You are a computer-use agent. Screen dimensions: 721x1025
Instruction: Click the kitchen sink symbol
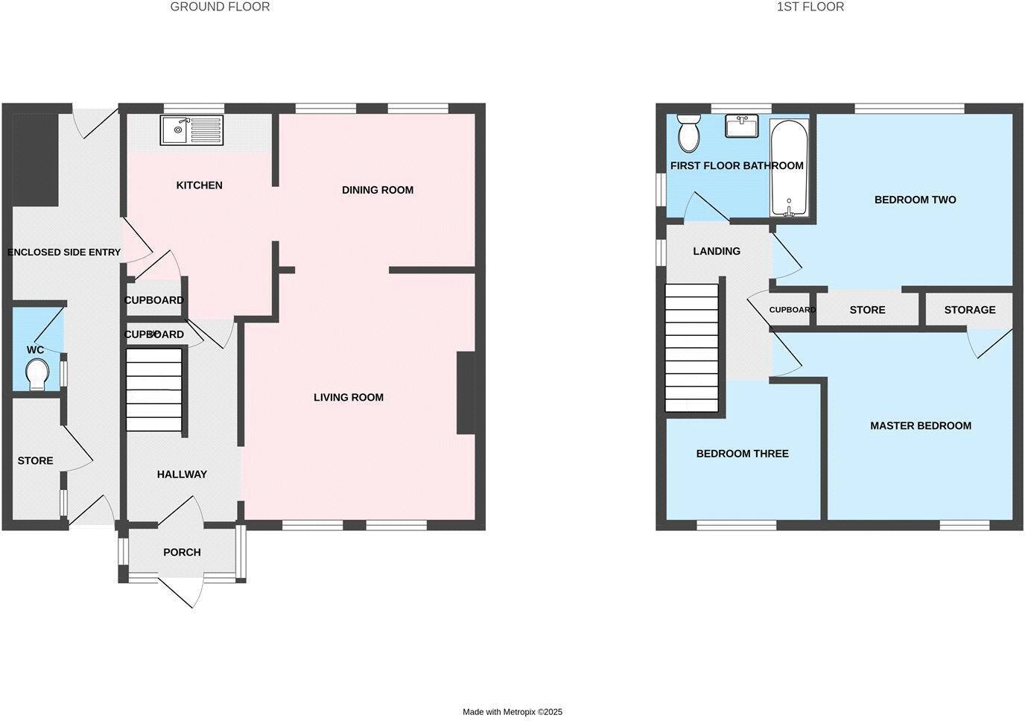point(191,130)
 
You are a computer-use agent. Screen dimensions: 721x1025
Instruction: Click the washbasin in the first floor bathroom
point(741,126)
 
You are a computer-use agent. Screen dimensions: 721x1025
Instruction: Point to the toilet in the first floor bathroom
point(688,134)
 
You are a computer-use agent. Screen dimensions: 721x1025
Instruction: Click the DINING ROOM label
point(378,190)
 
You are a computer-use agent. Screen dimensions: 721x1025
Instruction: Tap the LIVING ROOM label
point(349,397)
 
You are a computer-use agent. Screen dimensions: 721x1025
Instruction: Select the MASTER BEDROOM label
point(921,426)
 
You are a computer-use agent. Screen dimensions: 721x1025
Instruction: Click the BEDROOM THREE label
point(742,454)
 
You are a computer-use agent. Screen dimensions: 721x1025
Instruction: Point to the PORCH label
point(182,552)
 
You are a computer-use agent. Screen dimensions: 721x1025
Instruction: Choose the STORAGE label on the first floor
point(970,310)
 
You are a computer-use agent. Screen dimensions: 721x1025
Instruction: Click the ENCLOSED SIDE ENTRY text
point(64,252)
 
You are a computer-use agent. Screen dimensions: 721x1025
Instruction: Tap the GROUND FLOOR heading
point(220,7)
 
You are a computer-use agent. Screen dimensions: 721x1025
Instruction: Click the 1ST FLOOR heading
point(810,7)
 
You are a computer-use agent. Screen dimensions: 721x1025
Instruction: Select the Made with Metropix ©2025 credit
point(512,712)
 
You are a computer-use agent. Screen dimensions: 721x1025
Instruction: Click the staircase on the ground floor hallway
point(155,390)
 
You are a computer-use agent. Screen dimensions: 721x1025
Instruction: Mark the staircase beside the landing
point(692,348)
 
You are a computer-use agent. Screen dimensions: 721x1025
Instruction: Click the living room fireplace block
point(466,393)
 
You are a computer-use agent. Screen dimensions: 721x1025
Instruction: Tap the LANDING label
point(717,251)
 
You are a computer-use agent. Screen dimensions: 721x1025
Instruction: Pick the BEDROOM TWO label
point(915,200)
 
